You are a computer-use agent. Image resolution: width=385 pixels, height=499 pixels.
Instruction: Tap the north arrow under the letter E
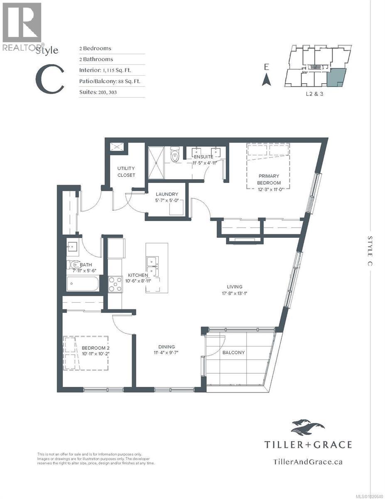point(267,79)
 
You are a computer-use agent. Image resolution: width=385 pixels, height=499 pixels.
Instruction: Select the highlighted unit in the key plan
point(336,78)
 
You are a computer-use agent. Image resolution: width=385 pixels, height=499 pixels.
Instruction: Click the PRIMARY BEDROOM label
point(268,179)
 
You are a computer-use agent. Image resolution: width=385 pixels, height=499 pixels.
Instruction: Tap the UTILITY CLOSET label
point(126,172)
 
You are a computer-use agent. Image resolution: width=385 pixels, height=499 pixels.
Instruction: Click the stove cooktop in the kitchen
point(115,284)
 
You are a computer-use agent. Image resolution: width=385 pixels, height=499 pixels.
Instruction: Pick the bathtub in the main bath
point(83,285)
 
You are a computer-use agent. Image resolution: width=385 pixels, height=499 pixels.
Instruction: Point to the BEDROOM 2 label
point(95,348)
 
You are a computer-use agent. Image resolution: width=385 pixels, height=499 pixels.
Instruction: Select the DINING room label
point(166,346)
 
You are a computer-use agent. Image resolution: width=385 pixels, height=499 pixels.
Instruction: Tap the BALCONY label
point(233,352)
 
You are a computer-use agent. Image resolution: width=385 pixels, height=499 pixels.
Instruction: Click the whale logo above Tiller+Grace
point(308,427)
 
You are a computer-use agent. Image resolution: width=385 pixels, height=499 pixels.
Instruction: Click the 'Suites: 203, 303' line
point(98,92)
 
